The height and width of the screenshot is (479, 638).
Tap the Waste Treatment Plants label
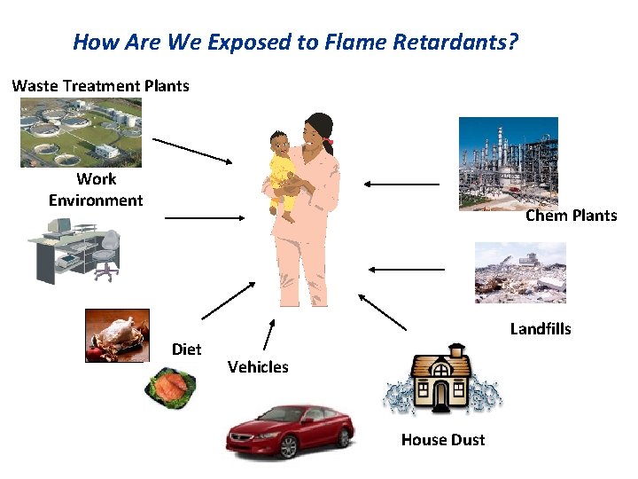point(100,86)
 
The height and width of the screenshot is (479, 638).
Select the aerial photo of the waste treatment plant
point(81,132)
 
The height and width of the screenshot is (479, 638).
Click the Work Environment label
point(96,189)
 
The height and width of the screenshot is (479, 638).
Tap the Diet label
point(186,349)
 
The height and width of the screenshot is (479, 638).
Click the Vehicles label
point(258,366)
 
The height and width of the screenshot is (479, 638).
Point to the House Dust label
point(442,439)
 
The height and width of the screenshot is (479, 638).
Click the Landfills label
point(541,329)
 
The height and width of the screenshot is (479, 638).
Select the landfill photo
point(520,272)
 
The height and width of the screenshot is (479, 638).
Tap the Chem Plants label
point(571,216)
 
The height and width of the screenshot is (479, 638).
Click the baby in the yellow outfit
point(283,169)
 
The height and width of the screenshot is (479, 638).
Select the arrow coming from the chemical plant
point(401,184)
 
